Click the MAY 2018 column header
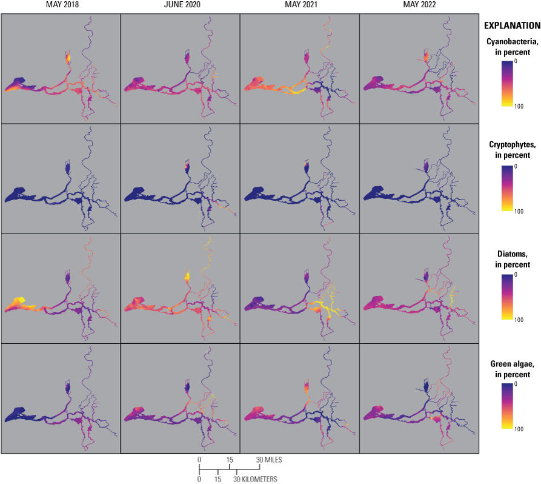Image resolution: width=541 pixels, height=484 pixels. [x=61, y=5]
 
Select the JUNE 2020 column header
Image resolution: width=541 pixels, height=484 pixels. [x=180, y=5]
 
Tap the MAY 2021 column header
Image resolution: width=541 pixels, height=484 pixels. [x=299, y=5]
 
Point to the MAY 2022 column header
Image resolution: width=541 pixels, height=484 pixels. [x=419, y=5]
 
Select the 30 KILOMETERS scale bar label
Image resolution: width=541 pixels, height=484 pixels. [x=256, y=479]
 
